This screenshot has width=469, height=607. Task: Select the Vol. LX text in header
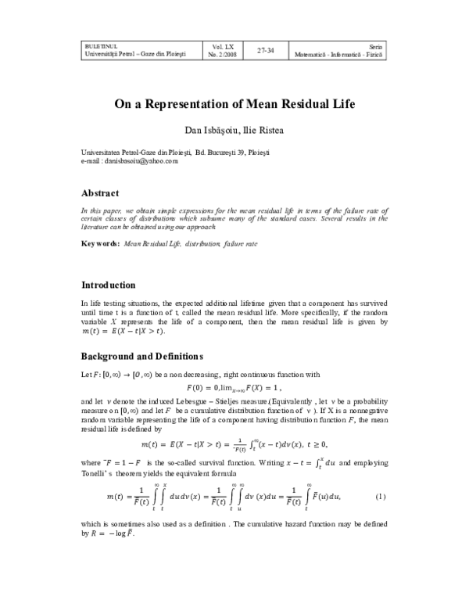pos(222,46)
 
